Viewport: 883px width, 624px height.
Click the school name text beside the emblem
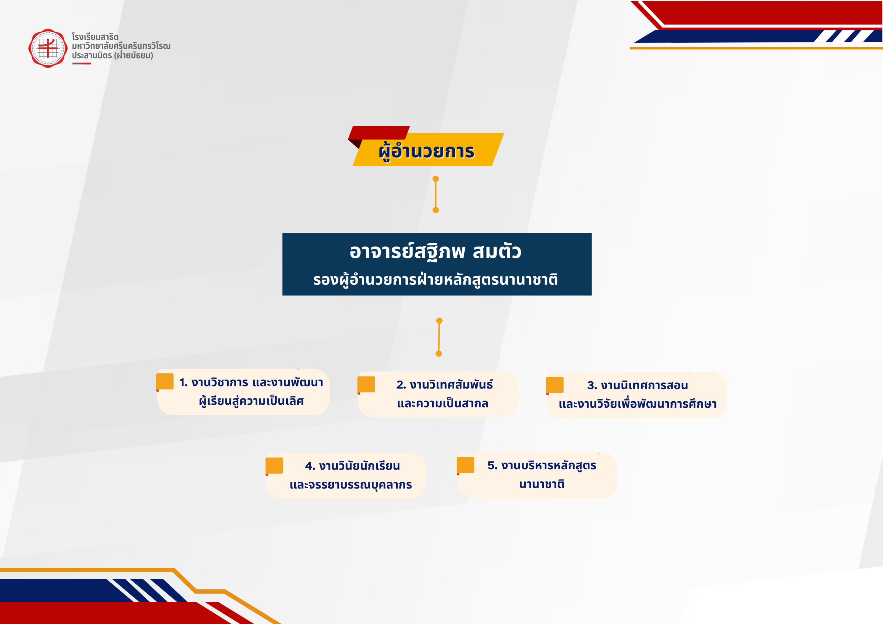coord(121,46)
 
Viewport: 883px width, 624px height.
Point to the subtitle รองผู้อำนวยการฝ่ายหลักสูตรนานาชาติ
coord(435,280)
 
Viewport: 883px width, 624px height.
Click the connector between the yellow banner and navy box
coord(436,194)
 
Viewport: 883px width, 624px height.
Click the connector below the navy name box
coord(439,337)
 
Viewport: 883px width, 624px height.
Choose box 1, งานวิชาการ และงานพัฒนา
coord(244,392)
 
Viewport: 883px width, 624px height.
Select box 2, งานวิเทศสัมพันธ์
coord(438,394)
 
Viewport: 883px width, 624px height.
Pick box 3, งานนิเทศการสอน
coord(636,395)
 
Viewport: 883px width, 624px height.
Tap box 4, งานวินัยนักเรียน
coord(346,476)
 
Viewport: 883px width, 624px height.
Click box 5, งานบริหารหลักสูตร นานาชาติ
coord(537,475)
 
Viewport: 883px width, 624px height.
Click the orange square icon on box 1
coord(165,382)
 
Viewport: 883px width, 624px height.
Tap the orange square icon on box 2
coord(366,384)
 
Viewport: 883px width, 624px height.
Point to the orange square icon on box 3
coord(555,385)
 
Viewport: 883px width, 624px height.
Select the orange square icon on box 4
coord(274,466)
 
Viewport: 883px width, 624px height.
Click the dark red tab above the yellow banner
coord(379,133)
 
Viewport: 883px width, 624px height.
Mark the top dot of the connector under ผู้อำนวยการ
coord(436,179)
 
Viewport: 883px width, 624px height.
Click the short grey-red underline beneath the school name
coord(81,63)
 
